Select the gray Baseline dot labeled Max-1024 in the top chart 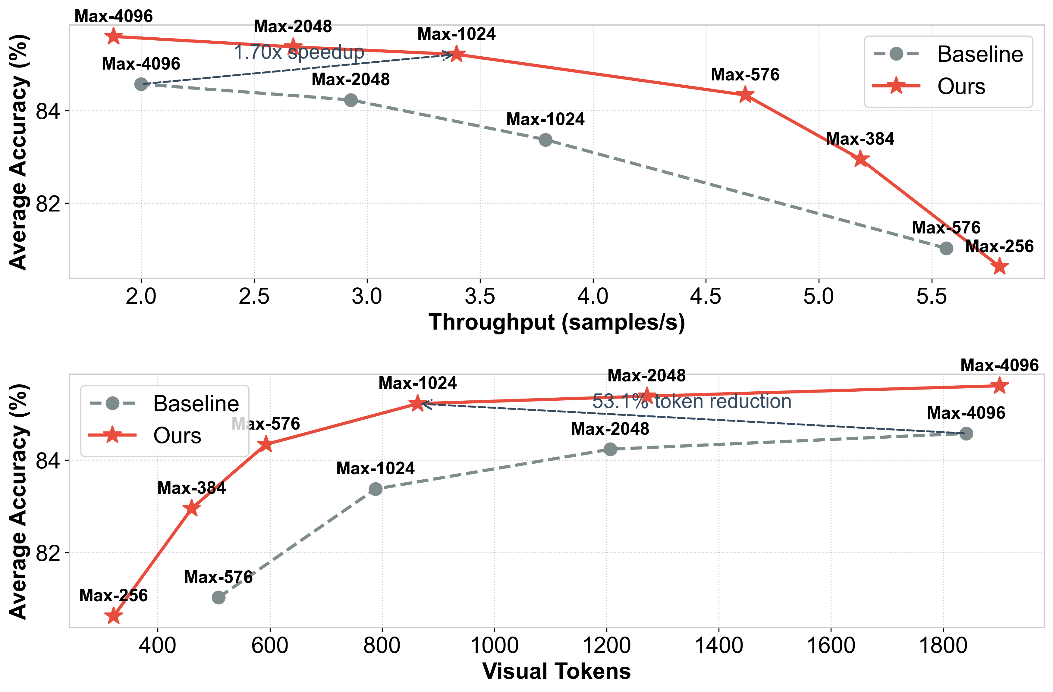pyautogui.click(x=545, y=140)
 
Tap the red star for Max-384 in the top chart pyautogui.click(x=860, y=159)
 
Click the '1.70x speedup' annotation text pyautogui.click(x=299, y=52)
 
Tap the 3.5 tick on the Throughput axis pyautogui.click(x=480, y=296)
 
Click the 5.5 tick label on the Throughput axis pyautogui.click(x=931, y=296)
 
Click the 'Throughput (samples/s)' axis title pyautogui.click(x=557, y=322)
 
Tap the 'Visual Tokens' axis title pyautogui.click(x=557, y=671)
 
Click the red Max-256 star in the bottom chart pyautogui.click(x=114, y=615)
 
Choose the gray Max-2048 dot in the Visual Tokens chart pyautogui.click(x=610, y=449)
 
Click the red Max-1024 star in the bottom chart pyautogui.click(x=417, y=403)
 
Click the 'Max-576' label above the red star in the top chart pyautogui.click(x=745, y=75)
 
